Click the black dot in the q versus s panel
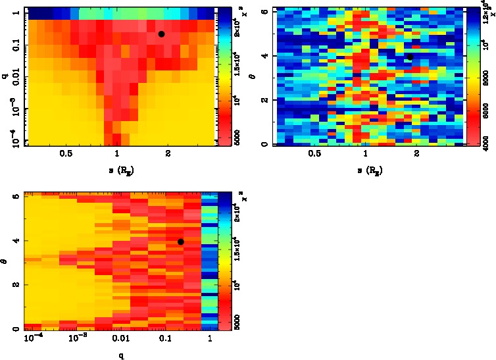(161, 34)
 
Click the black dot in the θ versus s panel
(410, 57)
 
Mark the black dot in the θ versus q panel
(180, 242)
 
